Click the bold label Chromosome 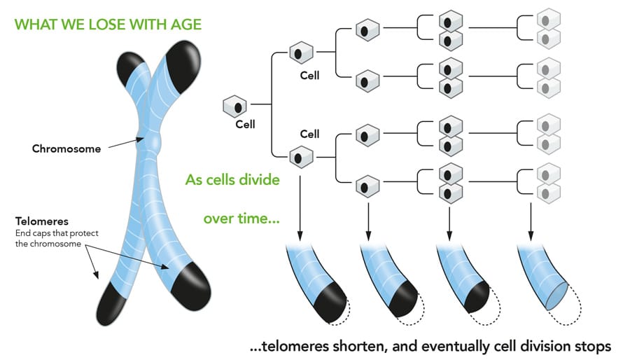(66, 148)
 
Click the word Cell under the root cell (246, 125)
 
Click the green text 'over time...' (241, 219)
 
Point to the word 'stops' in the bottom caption (591, 346)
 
